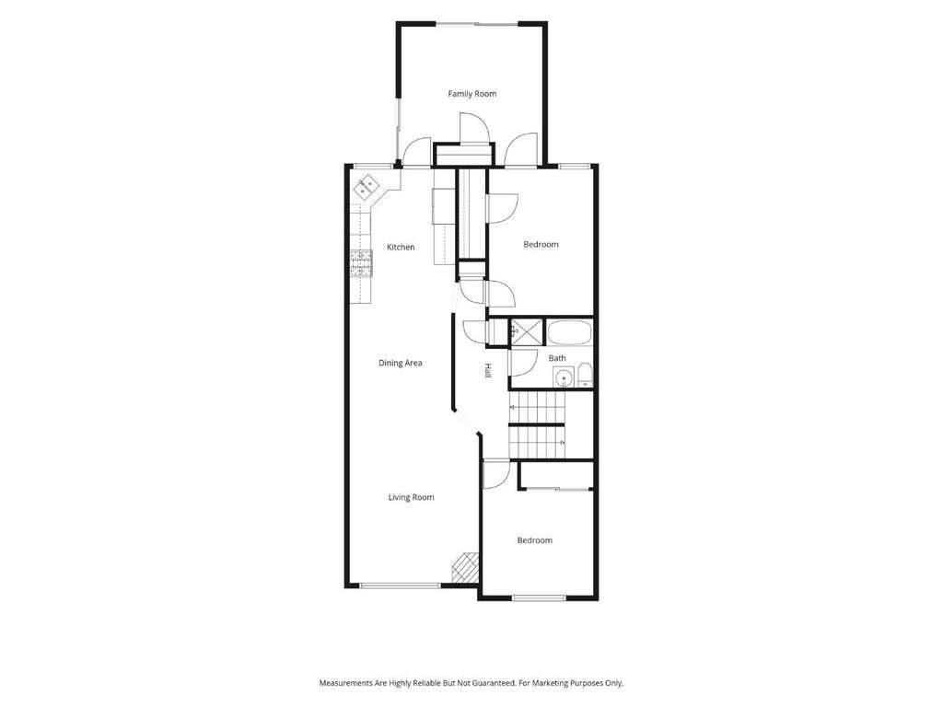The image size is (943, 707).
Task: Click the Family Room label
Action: click(x=472, y=94)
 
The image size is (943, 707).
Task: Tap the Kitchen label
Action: click(x=401, y=247)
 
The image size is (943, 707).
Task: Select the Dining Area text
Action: click(x=400, y=363)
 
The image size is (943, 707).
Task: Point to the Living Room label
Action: click(x=411, y=497)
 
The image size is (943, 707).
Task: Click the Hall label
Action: click(x=488, y=371)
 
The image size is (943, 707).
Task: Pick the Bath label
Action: click(x=557, y=358)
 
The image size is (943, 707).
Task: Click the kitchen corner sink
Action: click(x=366, y=188)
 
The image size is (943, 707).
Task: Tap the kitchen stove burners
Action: click(x=361, y=263)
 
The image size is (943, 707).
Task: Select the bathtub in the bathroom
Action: click(x=569, y=332)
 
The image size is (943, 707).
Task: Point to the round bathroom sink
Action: click(x=564, y=378)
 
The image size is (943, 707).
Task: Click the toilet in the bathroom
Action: click(x=585, y=376)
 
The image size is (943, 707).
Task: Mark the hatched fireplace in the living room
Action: click(x=465, y=568)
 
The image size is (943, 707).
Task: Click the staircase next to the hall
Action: click(x=537, y=425)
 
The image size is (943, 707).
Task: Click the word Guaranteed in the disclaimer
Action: click(x=495, y=684)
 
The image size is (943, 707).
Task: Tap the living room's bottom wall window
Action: click(x=400, y=585)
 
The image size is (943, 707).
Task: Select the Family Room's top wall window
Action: click(x=476, y=24)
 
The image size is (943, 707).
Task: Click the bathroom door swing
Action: click(x=522, y=363)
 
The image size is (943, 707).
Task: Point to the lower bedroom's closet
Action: click(x=555, y=476)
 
